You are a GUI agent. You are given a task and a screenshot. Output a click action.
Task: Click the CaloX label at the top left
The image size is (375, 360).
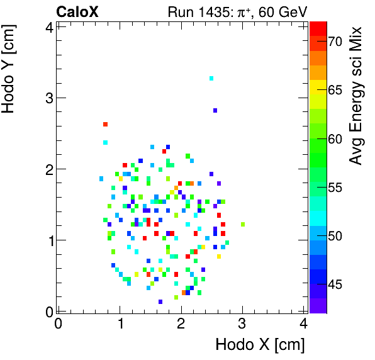[77, 12]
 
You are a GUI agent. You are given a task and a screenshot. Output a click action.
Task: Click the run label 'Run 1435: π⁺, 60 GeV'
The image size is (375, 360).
[237, 12]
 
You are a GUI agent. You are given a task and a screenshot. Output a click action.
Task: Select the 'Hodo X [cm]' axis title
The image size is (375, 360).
[260, 344]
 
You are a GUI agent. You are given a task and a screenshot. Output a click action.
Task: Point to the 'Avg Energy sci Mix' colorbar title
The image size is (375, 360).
[356, 95]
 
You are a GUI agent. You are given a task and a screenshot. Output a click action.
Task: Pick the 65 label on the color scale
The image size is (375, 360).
[334, 90]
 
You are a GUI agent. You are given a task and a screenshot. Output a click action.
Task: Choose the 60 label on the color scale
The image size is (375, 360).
[334, 138]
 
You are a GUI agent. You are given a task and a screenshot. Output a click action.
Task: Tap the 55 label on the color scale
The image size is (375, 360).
[334, 188]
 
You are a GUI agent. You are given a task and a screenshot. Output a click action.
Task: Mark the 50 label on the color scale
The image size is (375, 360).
[334, 236]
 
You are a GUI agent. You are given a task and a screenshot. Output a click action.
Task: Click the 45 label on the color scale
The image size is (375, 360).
[334, 284]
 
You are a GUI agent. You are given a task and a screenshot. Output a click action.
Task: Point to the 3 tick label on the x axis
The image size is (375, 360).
[242, 323]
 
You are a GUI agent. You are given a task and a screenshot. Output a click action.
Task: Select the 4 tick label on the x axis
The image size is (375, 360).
[304, 323]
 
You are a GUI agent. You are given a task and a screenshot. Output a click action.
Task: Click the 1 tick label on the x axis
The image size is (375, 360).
[120, 323]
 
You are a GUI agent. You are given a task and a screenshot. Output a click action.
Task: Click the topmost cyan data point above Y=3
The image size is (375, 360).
[211, 78]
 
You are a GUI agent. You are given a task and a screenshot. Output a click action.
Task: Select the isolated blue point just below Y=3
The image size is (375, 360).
[215, 110]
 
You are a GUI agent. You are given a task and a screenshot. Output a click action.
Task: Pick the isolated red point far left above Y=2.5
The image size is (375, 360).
[105, 124]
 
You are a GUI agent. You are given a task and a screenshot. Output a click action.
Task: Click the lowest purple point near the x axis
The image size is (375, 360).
[160, 301]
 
